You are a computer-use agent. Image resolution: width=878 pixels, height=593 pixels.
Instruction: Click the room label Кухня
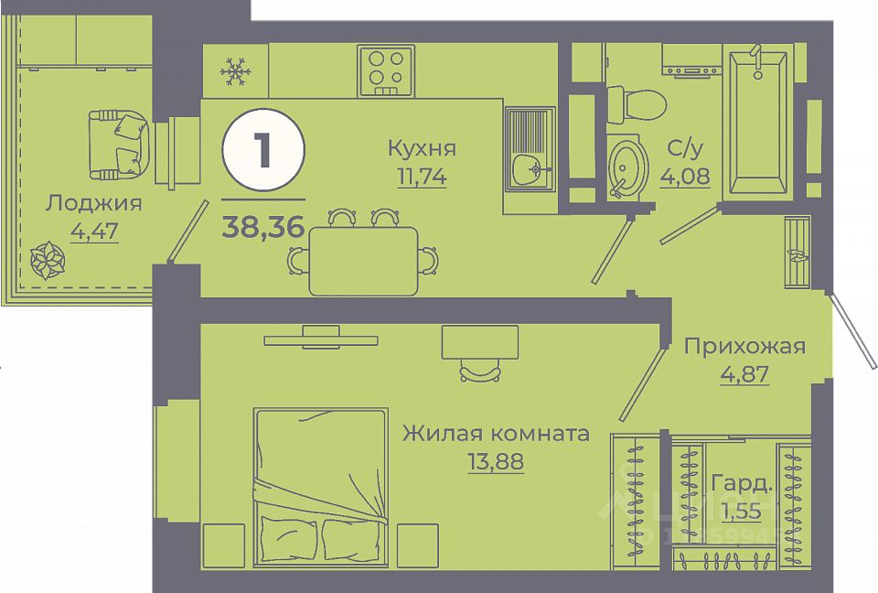click(x=422, y=148)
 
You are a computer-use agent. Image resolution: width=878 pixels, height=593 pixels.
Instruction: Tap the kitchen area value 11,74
click(x=422, y=177)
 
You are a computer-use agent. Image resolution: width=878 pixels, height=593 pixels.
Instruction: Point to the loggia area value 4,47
click(x=93, y=232)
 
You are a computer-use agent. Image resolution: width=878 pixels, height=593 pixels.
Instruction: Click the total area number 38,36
click(x=262, y=227)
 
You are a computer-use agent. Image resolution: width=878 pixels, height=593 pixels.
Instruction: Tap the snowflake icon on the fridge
click(x=236, y=71)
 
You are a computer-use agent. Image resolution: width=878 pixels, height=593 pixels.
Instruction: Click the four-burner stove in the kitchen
click(x=385, y=70)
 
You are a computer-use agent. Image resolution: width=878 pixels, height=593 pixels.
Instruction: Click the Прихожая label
click(x=744, y=346)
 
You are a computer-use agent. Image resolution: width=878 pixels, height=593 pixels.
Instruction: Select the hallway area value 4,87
click(x=744, y=374)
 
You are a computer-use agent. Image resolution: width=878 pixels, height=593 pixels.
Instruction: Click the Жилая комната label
click(x=496, y=434)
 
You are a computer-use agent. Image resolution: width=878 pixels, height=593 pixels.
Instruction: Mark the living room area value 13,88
click(x=496, y=462)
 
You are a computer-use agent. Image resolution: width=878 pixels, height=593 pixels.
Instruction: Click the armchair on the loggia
click(x=119, y=146)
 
